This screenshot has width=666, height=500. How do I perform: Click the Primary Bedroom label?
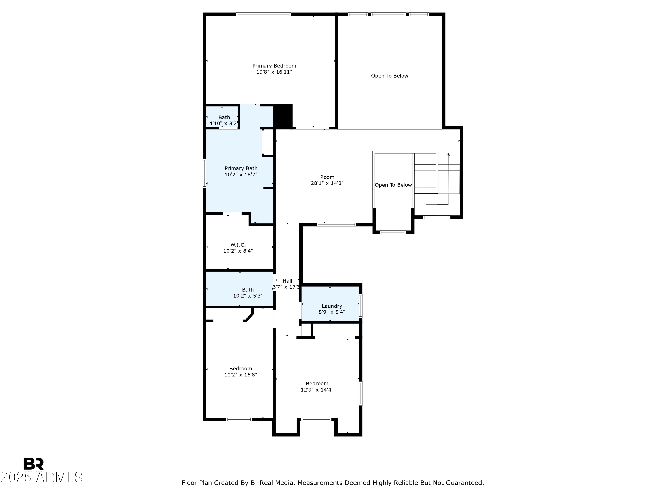(274, 66)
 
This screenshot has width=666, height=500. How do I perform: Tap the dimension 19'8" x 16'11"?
(274, 72)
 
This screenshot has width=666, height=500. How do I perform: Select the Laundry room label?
(332, 306)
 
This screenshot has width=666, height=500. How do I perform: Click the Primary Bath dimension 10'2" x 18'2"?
(241, 174)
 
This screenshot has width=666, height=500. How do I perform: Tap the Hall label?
(287, 281)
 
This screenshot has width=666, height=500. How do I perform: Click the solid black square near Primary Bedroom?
(283, 116)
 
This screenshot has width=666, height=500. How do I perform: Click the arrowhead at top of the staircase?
(448, 154)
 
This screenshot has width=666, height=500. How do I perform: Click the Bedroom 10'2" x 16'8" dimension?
(241, 375)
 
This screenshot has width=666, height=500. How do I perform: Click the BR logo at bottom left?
(34, 464)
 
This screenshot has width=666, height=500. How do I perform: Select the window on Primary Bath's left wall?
(205, 173)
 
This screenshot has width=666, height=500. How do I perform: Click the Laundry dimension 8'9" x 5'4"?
(332, 312)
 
